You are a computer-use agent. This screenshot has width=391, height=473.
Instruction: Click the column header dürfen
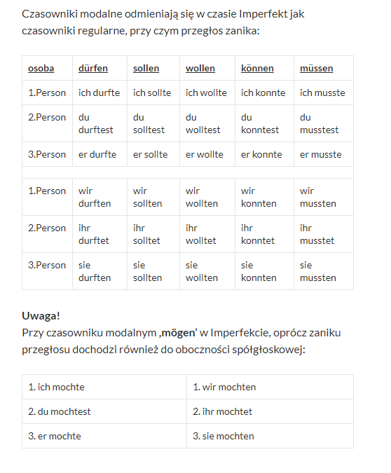pos(92,69)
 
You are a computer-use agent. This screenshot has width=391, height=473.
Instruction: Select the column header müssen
pos(316,69)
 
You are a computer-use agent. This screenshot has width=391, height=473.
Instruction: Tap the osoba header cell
pos(41,69)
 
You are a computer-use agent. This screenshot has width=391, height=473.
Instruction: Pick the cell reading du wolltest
pos(203,123)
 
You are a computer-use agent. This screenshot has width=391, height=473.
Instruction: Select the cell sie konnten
pos(259,271)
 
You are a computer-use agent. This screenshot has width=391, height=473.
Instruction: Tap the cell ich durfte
pos(99,92)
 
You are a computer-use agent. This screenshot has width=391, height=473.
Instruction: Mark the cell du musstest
pos(319,123)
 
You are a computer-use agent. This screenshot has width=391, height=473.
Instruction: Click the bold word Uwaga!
pos(41,316)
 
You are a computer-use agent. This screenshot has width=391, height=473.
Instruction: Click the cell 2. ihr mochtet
pos(222,411)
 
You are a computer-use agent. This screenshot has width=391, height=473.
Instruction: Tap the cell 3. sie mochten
pos(224,436)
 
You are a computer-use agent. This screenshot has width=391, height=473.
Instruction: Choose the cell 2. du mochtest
pos(60,411)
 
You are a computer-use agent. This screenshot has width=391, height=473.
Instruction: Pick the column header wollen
pos(200,69)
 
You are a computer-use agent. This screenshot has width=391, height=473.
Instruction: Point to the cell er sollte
pos(150,154)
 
